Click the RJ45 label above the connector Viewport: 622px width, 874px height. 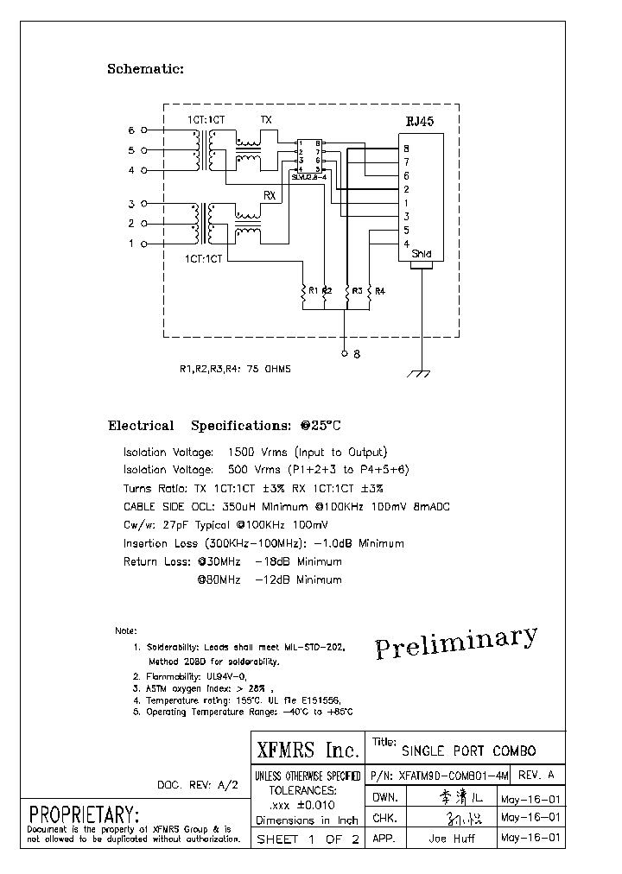(x=420, y=122)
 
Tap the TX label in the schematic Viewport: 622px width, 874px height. (x=267, y=119)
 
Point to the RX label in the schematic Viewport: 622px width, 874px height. (x=270, y=196)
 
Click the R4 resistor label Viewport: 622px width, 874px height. (x=379, y=290)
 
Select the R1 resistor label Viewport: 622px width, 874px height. (x=313, y=290)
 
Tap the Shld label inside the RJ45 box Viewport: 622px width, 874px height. (x=421, y=254)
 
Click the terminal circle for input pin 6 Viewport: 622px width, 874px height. (x=144, y=131)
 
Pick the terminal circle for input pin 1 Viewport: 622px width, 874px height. (x=144, y=244)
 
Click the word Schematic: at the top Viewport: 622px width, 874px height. (x=145, y=69)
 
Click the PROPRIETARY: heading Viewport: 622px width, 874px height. (x=84, y=814)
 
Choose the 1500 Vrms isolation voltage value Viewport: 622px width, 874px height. (x=253, y=453)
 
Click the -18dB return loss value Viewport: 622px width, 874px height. (x=272, y=561)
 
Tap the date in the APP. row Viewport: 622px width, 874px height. (x=530, y=838)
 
